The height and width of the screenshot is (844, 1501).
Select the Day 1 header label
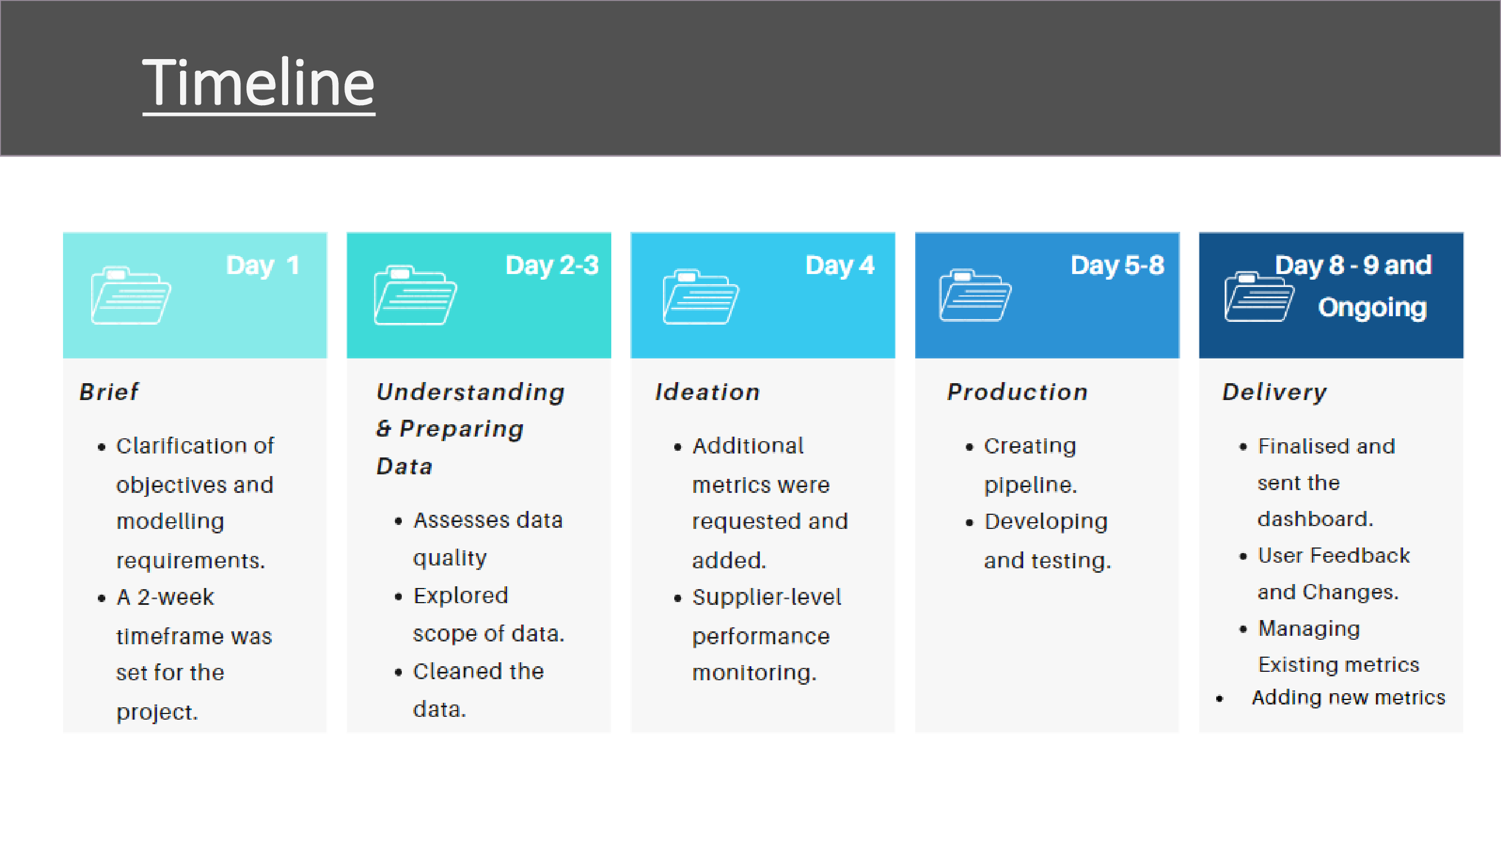pyautogui.click(x=263, y=266)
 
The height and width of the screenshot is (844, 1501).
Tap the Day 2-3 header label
pyautogui.click(x=552, y=266)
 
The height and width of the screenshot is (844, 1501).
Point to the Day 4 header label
pyautogui.click(x=840, y=266)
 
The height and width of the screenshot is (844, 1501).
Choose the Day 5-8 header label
pyautogui.click(x=1118, y=266)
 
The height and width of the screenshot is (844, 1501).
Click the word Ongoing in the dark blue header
pyautogui.click(x=1372, y=308)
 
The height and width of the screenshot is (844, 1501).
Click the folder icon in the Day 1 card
pyautogui.click(x=131, y=295)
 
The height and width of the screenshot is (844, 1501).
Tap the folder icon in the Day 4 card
pyautogui.click(x=701, y=297)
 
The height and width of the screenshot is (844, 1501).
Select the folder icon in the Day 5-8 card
pyautogui.click(x=975, y=295)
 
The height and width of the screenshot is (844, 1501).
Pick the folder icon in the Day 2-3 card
pyautogui.click(x=415, y=295)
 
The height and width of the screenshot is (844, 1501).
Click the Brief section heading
pyautogui.click(x=110, y=392)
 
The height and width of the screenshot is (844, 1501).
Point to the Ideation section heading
pyautogui.click(x=707, y=392)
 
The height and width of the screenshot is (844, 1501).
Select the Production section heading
pyautogui.click(x=1018, y=392)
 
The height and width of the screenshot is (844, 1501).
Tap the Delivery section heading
pyautogui.click(x=1274, y=392)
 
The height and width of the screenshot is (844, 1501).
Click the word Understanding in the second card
pyautogui.click(x=471, y=393)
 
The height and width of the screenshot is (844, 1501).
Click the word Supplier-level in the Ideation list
pyautogui.click(x=767, y=597)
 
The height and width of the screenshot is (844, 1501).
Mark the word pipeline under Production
pyautogui.click(x=1029, y=485)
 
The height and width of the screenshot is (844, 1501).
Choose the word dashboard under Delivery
pyautogui.click(x=1315, y=518)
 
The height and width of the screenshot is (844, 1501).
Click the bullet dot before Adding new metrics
pyautogui.click(x=1220, y=699)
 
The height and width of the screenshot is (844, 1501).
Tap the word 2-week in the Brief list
pyautogui.click(x=176, y=597)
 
